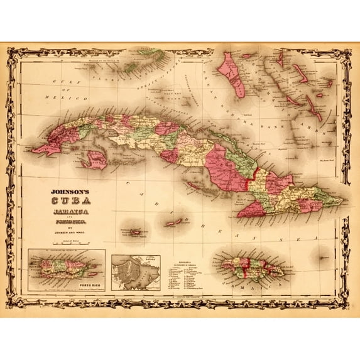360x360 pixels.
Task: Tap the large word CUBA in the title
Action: [x=70, y=200]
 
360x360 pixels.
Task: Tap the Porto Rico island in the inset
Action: [x=63, y=268]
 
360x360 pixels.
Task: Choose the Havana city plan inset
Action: [x=135, y=272]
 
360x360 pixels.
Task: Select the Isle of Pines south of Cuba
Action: [x=96, y=160]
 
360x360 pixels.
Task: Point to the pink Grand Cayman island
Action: [x=134, y=232]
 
